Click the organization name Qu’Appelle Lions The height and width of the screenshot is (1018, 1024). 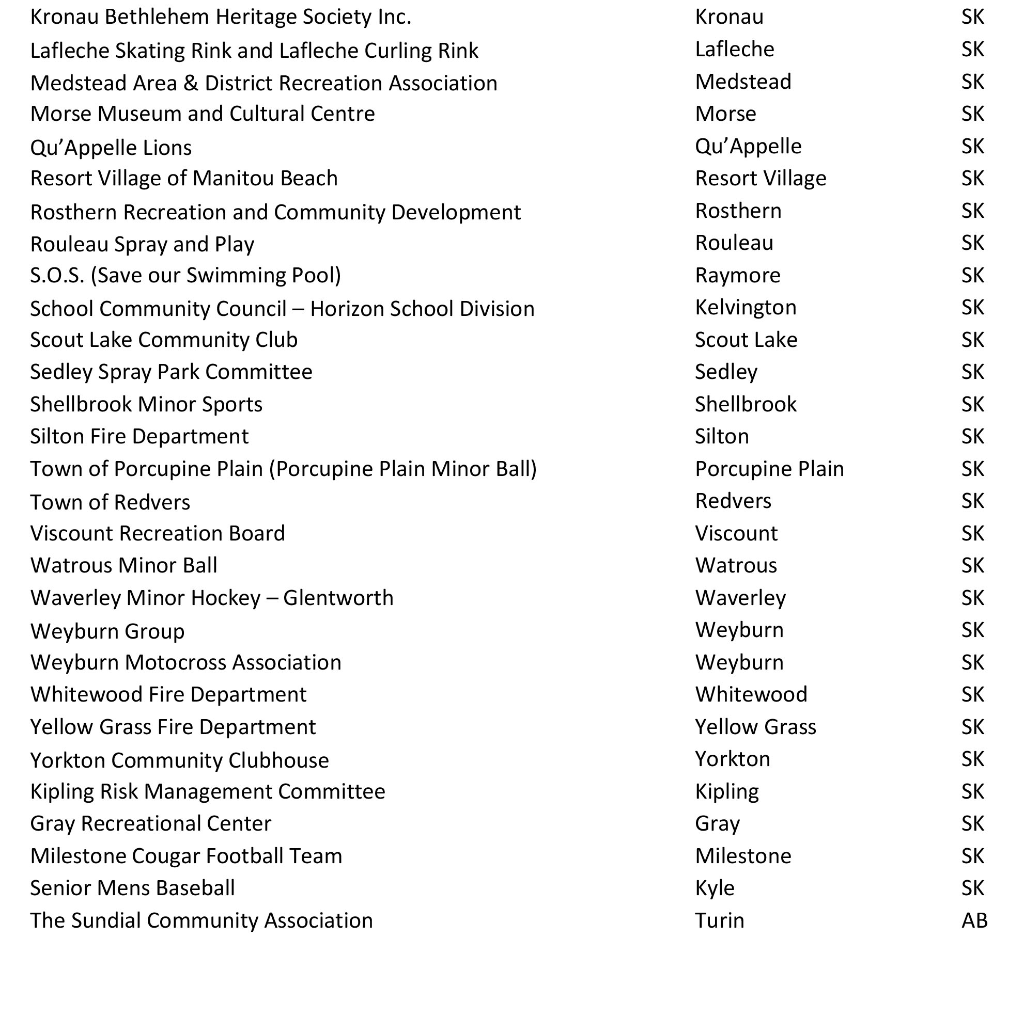point(111,148)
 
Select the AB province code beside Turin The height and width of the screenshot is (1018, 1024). point(974,920)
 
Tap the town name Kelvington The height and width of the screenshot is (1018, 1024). point(745,307)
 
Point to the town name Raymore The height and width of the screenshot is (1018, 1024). point(737,276)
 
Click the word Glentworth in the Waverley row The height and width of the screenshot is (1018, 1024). point(338,598)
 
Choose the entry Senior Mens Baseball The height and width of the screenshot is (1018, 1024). point(132,888)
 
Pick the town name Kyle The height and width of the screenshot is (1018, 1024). point(715,888)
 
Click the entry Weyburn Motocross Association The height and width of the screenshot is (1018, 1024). point(185,663)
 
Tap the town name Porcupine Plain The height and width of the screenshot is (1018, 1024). point(769,469)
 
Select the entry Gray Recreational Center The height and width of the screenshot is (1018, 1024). point(150,823)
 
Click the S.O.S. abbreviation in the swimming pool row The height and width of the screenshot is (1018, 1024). point(57,276)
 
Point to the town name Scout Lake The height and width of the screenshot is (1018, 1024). point(746,340)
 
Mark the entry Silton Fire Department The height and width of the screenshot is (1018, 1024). point(139,436)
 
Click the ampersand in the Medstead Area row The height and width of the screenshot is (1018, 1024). point(191,83)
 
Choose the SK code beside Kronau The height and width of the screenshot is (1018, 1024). point(972,17)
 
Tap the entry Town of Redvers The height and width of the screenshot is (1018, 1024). point(110,502)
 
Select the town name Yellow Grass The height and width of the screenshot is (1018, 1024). point(755,727)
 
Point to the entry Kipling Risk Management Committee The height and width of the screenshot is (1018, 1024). point(207,791)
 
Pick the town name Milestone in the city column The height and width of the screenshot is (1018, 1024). point(742,856)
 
